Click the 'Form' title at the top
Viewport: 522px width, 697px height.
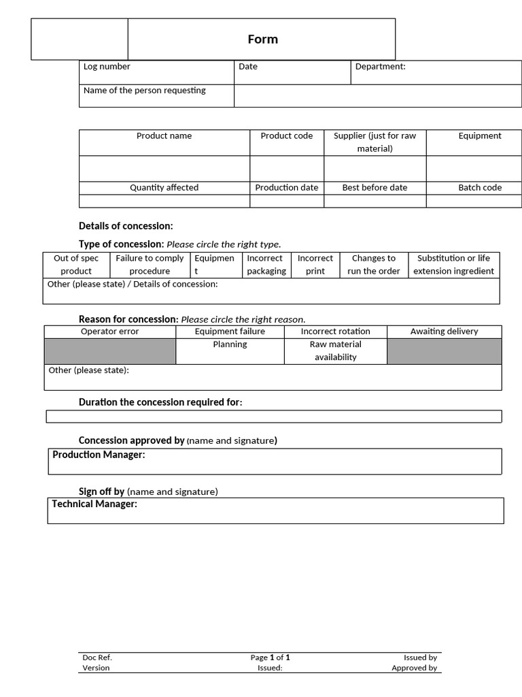pyautogui.click(x=262, y=39)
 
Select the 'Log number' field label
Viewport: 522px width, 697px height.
pyautogui.click(x=107, y=67)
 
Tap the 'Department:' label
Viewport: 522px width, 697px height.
pyautogui.click(x=380, y=67)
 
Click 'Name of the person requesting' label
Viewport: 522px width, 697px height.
pyautogui.click(x=144, y=91)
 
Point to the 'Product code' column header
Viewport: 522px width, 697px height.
pyautogui.click(x=287, y=136)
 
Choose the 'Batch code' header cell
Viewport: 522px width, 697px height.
pyautogui.click(x=480, y=188)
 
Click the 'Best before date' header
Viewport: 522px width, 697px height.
pyautogui.click(x=375, y=188)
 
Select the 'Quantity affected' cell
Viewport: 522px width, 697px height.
pyautogui.click(x=164, y=188)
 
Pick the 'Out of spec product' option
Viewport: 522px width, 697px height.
pyautogui.click(x=76, y=265)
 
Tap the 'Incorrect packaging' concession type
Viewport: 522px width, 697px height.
pyautogui.click(x=266, y=265)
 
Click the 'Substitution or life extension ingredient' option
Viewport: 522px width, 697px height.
pyautogui.click(x=453, y=265)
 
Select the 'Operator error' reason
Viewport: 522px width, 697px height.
pyautogui.click(x=109, y=331)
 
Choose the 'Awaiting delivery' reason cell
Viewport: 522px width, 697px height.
pyautogui.click(x=444, y=331)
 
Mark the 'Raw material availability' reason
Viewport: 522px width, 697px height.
pyautogui.click(x=335, y=351)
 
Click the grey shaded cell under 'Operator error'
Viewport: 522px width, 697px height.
pyautogui.click(x=109, y=351)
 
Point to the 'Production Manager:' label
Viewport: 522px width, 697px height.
pyautogui.click(x=99, y=455)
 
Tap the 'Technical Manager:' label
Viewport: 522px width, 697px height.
pyautogui.click(x=94, y=504)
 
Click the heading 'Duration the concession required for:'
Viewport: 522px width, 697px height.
pyautogui.click(x=160, y=402)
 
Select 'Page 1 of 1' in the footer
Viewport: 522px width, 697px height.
pyautogui.click(x=270, y=658)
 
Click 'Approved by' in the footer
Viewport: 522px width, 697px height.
pyautogui.click(x=414, y=668)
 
